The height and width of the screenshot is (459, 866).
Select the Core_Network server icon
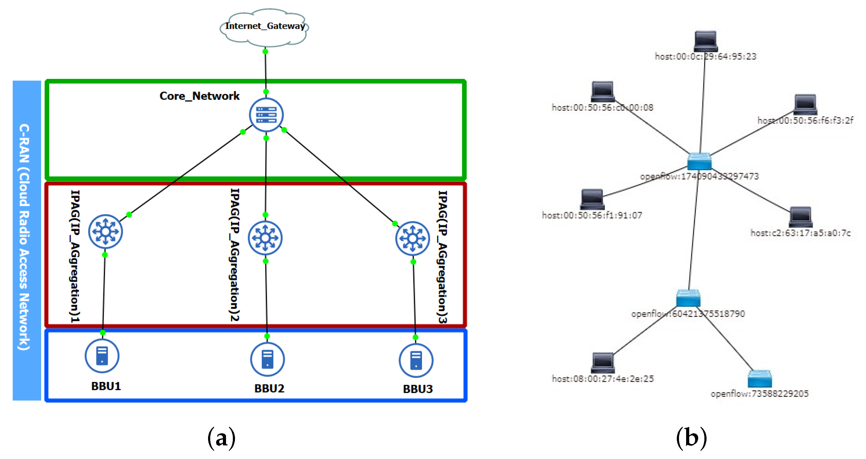coord(266,115)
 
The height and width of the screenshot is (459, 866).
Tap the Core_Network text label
coord(199,96)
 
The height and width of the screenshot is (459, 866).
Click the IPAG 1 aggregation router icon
coord(105,232)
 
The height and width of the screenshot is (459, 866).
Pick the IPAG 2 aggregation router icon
coord(265,238)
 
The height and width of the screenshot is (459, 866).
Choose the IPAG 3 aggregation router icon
coord(412,239)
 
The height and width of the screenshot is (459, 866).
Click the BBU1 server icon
coord(102,356)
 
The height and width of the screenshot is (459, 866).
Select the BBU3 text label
coord(418,389)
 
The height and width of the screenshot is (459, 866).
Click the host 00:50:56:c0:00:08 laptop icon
coord(603,91)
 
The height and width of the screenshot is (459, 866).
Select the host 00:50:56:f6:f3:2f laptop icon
coord(806,104)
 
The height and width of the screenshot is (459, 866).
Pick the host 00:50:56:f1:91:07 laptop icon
coord(592,199)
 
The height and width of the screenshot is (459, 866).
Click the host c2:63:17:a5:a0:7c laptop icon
coord(801,217)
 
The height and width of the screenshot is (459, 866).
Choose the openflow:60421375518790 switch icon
coord(688,298)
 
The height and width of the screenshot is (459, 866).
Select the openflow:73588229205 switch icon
coord(759,379)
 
